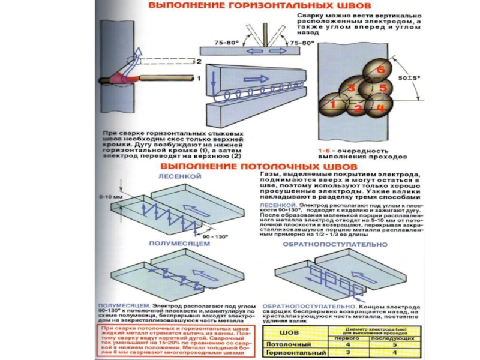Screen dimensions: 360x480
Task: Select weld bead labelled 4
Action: click(x=379, y=108)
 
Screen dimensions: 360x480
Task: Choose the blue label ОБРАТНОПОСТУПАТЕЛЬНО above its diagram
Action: click(x=335, y=245)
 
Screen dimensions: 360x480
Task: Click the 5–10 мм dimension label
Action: click(x=109, y=196)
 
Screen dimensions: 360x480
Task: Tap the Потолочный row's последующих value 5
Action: click(x=394, y=344)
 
